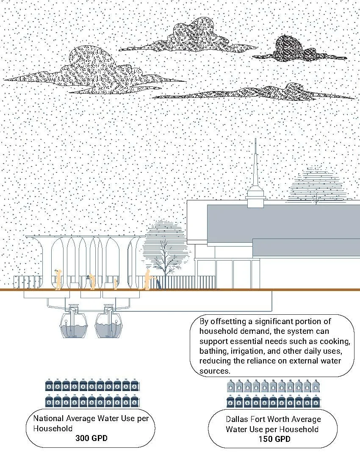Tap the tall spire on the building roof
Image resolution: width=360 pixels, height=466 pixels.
(x=255, y=166)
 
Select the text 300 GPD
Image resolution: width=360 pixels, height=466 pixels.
(x=91, y=438)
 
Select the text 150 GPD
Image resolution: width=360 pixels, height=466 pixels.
(x=274, y=439)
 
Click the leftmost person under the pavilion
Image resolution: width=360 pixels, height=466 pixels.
(x=58, y=279)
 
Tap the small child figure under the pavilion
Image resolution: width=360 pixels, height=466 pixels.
(x=116, y=284)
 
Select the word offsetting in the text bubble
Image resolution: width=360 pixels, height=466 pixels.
(x=228, y=322)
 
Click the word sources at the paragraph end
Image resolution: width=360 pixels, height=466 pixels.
(x=214, y=371)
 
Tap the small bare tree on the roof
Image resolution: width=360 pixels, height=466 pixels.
(x=316, y=199)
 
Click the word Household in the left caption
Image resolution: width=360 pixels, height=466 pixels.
(x=53, y=429)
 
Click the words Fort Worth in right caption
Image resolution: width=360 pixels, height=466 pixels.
(x=270, y=419)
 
